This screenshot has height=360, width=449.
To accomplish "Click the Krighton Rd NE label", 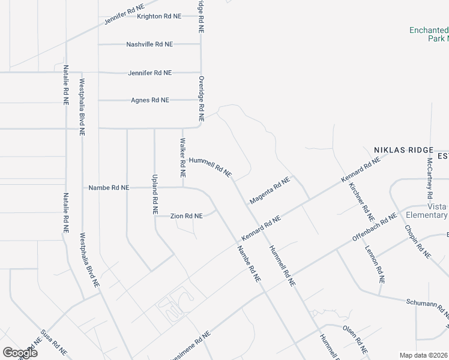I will coord(159,16).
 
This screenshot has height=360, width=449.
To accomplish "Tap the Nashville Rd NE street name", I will coord(149,44).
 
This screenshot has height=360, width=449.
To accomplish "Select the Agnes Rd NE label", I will coord(150,100).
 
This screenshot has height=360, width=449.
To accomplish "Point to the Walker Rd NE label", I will coord(182,155).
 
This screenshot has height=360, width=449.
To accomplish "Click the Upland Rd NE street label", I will coord(154,195).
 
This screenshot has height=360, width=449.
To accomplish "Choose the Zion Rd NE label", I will coord(186,215).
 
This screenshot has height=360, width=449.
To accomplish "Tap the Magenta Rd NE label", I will coord(270,189).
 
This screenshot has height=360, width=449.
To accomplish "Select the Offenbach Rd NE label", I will coord(375,227).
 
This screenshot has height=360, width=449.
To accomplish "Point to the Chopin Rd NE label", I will coord(418,239).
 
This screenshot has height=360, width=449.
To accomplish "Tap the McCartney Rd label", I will coord(430,179).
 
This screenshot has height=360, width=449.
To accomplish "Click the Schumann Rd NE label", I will coord(427,307).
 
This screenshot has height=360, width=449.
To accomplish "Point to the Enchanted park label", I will coord(429,34).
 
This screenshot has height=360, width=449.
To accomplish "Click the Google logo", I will coord(20,352).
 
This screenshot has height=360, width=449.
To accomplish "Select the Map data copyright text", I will coord(424,355).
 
